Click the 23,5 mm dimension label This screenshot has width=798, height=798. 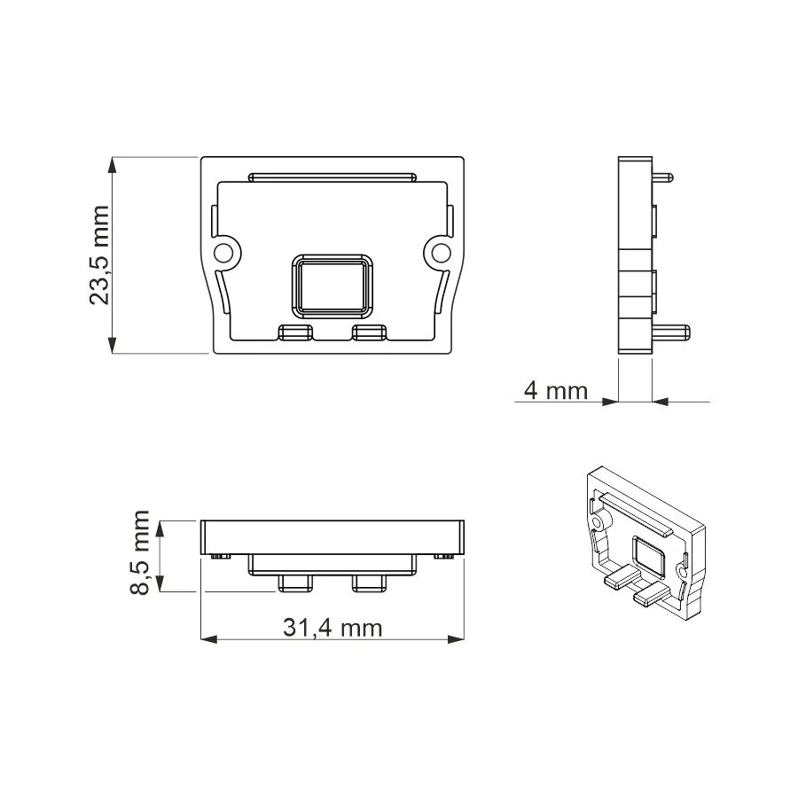pos(99,255)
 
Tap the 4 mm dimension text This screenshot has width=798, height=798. pos(556,391)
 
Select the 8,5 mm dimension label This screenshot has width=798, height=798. pos(139,552)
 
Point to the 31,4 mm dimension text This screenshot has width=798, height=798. pos(332,628)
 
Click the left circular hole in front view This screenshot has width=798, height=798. pos(223,253)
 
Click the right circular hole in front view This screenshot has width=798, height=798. pos(442,253)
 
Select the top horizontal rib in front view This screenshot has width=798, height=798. pos(332,177)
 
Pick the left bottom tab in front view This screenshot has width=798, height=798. pos(295,332)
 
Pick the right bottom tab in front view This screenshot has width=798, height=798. pos(370,332)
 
